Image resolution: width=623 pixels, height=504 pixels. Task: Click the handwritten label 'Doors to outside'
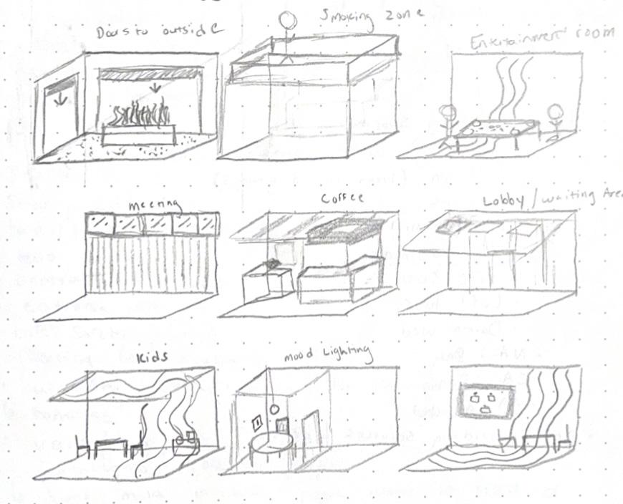[x=159, y=29]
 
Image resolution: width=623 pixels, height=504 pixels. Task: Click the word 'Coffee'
[x=343, y=198]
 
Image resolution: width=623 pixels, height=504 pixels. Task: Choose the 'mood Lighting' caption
[x=328, y=354]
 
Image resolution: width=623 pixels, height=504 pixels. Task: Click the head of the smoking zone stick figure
[x=289, y=19]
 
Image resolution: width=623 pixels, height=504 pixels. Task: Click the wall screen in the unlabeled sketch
[x=484, y=402]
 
